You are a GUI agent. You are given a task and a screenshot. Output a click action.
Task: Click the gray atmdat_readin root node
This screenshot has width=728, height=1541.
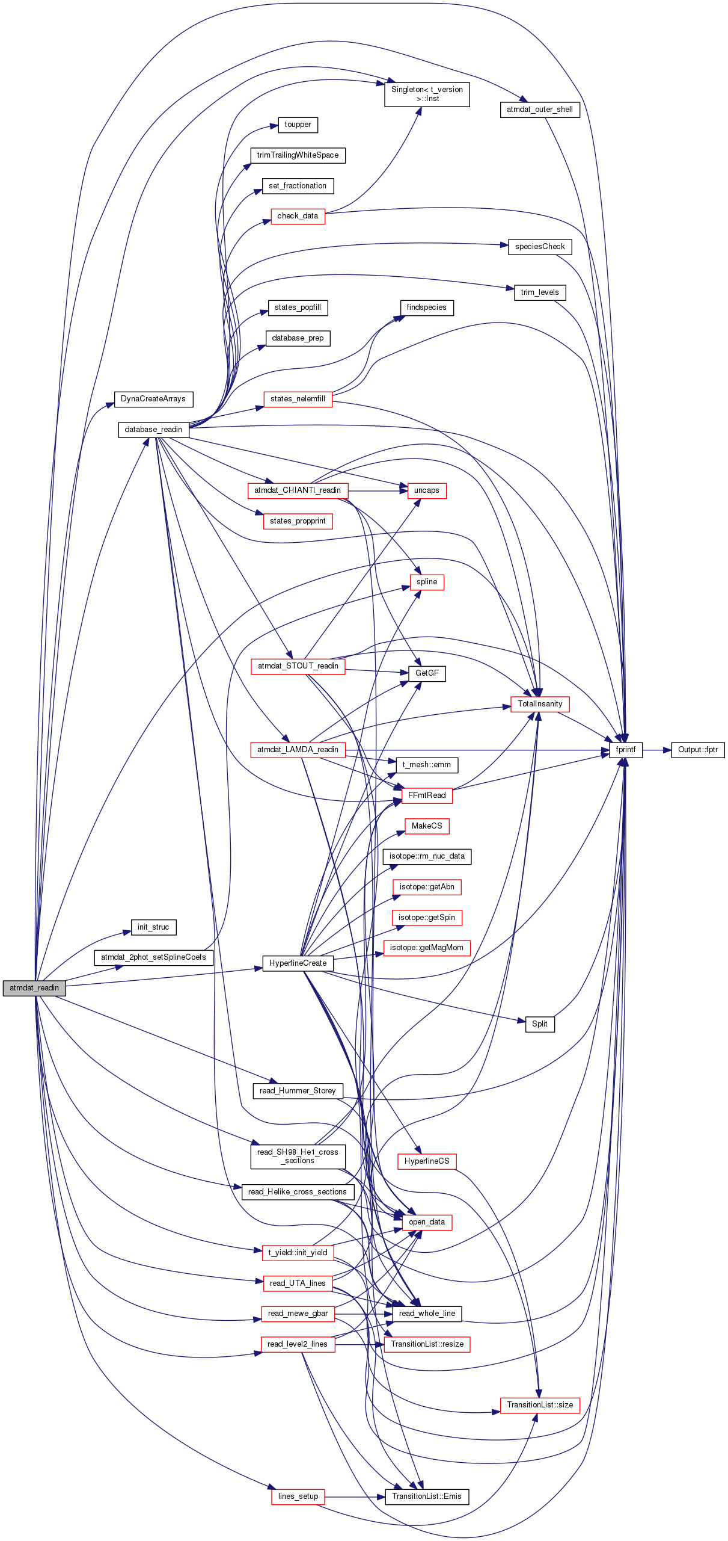coord(34,988)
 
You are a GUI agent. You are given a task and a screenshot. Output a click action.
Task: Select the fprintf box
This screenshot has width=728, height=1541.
coord(626,750)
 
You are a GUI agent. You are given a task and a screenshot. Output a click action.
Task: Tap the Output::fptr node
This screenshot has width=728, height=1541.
coord(698,750)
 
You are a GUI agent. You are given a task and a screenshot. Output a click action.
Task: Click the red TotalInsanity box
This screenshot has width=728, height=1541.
coord(540,704)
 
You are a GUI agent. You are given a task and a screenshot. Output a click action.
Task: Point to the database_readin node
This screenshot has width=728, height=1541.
coord(153,430)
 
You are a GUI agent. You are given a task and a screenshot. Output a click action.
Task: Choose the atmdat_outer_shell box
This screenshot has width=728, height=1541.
coord(540,110)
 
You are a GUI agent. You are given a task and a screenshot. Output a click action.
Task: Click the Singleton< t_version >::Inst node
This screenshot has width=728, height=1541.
coord(427,94)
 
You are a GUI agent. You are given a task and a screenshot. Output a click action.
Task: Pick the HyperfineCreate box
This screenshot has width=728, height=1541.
coord(298,963)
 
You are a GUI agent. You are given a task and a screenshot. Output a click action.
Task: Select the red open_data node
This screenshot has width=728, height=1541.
coord(427,1222)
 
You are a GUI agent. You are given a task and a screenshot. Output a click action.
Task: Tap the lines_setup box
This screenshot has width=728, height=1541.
coord(298,1496)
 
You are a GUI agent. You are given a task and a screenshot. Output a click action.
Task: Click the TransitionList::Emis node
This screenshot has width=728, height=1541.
coord(427,1496)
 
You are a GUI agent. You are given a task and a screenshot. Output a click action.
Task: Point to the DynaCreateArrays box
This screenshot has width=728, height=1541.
coord(153,399)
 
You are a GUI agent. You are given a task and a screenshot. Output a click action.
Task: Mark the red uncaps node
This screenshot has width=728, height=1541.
coord(427,490)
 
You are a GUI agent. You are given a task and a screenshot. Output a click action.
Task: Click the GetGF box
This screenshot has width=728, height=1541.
coord(427,673)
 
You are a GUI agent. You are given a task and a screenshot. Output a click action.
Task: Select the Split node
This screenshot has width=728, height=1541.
coord(540,1024)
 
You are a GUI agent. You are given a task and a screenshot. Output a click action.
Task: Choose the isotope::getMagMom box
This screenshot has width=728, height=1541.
coord(427,948)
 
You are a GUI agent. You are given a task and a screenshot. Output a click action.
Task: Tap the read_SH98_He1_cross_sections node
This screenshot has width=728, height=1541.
coord(298,1157)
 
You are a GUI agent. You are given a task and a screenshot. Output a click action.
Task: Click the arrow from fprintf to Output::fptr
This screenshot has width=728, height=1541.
coord(656,750)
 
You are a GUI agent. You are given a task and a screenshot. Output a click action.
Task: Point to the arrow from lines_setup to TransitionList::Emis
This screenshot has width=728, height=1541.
coord(355,1496)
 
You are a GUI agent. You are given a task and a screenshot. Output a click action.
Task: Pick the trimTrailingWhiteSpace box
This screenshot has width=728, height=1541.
coord(298,155)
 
